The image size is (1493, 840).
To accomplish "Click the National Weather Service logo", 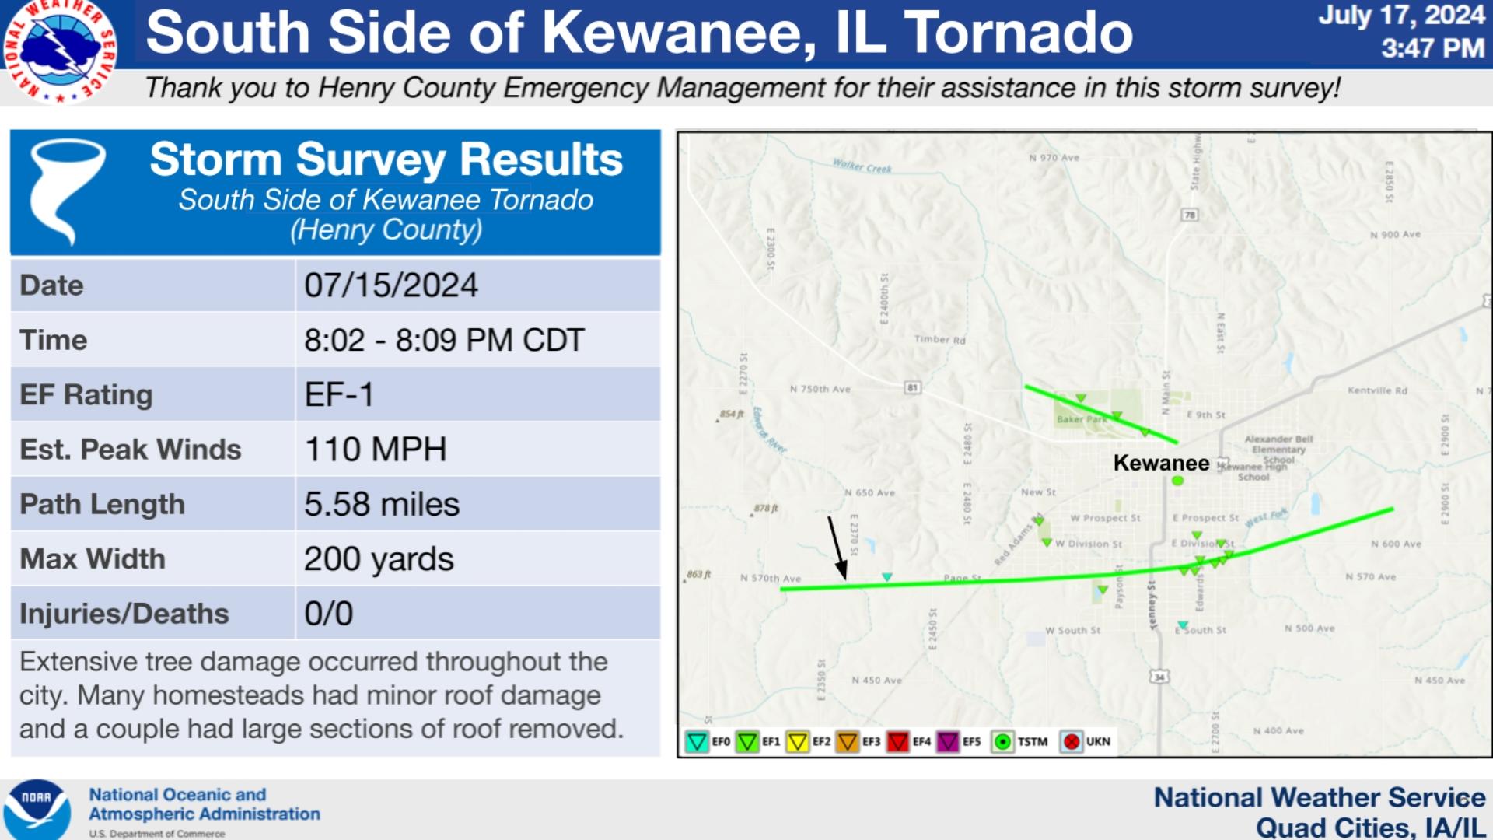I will pyautogui.click(x=59, y=51).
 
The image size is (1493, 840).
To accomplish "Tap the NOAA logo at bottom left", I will pyautogui.click(x=37, y=810).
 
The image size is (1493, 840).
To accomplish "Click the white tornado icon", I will pyautogui.click(x=67, y=191).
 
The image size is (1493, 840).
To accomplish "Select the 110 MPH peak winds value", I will pyautogui.click(x=376, y=450).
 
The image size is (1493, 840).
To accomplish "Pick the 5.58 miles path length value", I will pyautogui.click(x=382, y=504).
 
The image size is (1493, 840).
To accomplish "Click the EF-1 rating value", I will pyautogui.click(x=339, y=394).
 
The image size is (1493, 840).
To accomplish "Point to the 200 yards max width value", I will pyautogui.click(x=379, y=558).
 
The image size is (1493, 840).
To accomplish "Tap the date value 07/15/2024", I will pyautogui.click(x=391, y=285).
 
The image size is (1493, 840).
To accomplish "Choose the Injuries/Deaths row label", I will pyautogui.click(x=124, y=614).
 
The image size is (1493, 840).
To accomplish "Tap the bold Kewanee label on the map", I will pyautogui.click(x=1161, y=463).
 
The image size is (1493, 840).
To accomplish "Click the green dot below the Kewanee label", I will pyautogui.click(x=1177, y=481).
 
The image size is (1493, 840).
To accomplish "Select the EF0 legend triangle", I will pyautogui.click(x=697, y=742).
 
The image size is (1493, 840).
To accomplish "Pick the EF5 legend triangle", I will pyautogui.click(x=948, y=742).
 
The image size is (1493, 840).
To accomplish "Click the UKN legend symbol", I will pyautogui.click(x=1072, y=742).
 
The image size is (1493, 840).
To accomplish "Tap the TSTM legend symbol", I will pyautogui.click(x=1003, y=742).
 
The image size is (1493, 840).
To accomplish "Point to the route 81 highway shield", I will pyautogui.click(x=912, y=387).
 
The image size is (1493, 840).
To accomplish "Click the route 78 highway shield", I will pyautogui.click(x=1189, y=215).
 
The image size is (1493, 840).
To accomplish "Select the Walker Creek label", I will pyautogui.click(x=862, y=166).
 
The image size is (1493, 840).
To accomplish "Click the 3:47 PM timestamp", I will pyautogui.click(x=1432, y=48).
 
